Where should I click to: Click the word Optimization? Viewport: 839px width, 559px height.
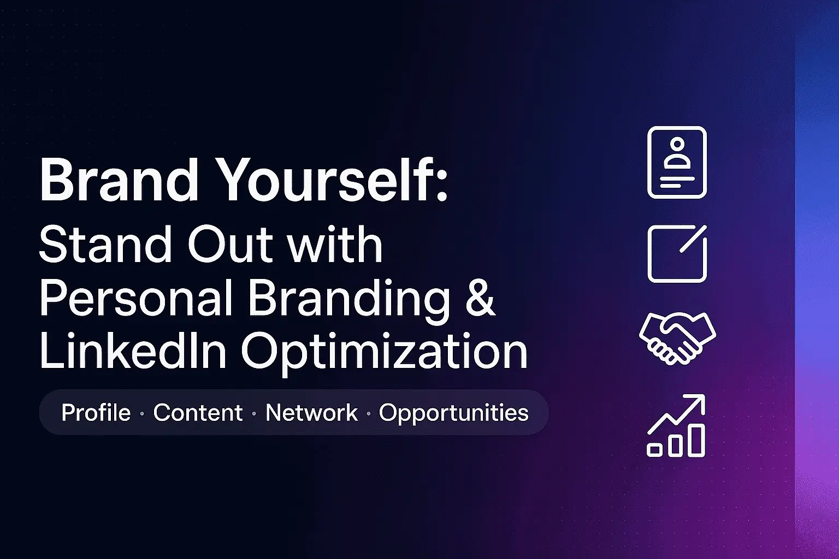pyautogui.click(x=385, y=353)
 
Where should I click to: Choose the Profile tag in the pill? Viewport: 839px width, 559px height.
pyautogui.click(x=96, y=413)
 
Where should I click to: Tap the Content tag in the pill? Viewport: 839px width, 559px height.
pyautogui.click(x=198, y=413)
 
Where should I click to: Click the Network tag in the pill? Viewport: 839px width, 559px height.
pyautogui.click(x=311, y=413)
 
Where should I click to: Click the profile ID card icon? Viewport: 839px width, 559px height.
pyautogui.click(x=677, y=162)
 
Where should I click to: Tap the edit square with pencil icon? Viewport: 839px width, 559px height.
pyautogui.click(x=677, y=254)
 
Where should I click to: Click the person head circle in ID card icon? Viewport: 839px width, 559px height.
pyautogui.click(x=677, y=144)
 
